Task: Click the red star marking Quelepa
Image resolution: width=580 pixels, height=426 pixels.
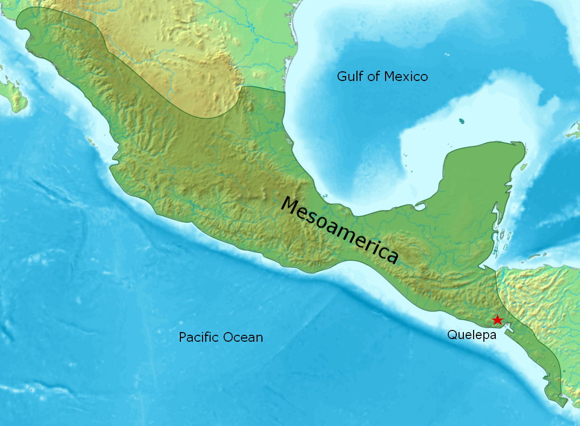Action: point(497,320)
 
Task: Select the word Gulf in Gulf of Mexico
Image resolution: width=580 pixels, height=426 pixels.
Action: point(350,77)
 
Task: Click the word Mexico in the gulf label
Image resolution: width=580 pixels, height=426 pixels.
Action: point(406,77)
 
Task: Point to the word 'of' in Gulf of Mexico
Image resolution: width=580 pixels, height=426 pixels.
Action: point(374,77)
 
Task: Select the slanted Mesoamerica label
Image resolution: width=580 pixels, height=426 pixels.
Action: point(340,229)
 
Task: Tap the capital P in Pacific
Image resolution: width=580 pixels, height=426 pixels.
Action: point(183,338)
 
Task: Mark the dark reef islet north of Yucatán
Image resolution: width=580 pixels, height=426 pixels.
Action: point(462,121)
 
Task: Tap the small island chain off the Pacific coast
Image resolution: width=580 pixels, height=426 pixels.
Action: point(90,141)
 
